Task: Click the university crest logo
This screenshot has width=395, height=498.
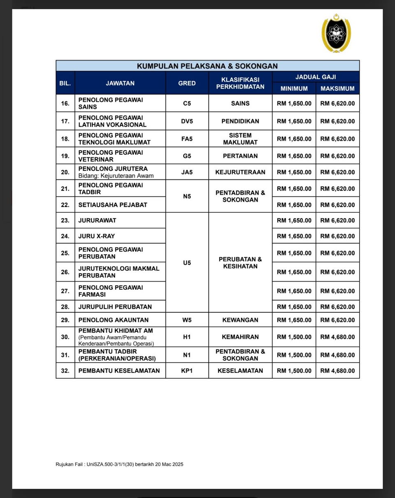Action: (x=336, y=33)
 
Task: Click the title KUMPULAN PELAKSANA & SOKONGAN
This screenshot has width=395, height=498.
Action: (x=207, y=66)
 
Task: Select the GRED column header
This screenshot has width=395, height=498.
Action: (x=187, y=83)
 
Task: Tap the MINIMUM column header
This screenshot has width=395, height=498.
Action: (x=294, y=88)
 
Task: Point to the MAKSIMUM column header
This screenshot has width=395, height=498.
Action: (x=337, y=88)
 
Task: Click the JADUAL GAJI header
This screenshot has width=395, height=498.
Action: (x=316, y=77)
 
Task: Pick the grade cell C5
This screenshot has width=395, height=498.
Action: (x=187, y=103)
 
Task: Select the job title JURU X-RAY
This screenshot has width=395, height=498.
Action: (x=97, y=236)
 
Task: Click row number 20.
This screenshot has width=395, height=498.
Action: (x=65, y=172)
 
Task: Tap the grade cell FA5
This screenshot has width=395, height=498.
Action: (x=187, y=139)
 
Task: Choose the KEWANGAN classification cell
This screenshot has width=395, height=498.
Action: (x=240, y=320)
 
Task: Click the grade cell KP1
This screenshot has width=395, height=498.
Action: (x=187, y=370)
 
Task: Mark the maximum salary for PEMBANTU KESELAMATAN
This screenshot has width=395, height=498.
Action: (x=337, y=370)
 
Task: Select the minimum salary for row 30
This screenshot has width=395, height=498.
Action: (x=294, y=337)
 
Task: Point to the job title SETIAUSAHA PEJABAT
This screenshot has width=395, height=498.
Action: (x=113, y=205)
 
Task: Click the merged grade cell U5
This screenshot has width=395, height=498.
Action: (x=187, y=263)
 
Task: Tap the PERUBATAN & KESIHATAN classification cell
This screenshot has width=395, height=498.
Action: (x=240, y=263)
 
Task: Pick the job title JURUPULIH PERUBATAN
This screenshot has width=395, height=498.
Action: (x=115, y=307)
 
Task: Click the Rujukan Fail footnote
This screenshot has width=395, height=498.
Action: (x=119, y=464)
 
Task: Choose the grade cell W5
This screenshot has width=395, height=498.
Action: (x=187, y=320)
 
